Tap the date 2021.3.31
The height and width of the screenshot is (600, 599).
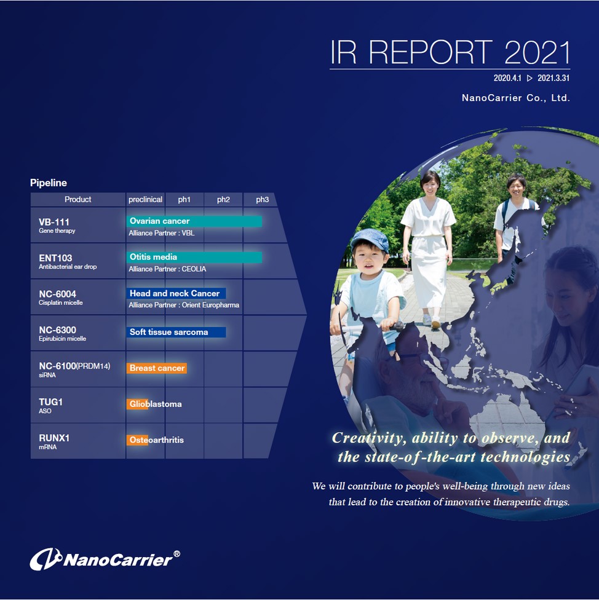[553, 78]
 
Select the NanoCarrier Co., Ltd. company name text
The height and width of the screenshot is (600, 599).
[516, 98]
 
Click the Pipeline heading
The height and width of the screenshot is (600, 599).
[49, 183]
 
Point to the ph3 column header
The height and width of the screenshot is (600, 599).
[262, 199]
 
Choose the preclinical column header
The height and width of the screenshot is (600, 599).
[145, 199]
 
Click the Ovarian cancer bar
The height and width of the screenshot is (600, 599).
[194, 221]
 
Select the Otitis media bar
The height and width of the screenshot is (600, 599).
[194, 257]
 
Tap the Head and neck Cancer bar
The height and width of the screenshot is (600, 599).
[176, 293]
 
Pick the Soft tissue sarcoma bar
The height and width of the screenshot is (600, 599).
[176, 332]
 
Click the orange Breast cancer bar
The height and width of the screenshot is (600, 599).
[157, 368]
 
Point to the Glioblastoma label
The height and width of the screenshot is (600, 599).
[156, 404]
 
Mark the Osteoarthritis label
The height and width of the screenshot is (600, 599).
[157, 440]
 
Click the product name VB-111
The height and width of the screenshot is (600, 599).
[54, 222]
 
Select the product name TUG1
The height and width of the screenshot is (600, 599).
[50, 402]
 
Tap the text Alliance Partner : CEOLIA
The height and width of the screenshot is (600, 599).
[167, 269]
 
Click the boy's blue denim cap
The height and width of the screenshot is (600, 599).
[370, 240]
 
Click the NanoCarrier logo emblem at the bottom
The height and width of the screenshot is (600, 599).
[46, 559]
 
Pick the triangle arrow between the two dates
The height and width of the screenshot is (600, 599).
[530, 79]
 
